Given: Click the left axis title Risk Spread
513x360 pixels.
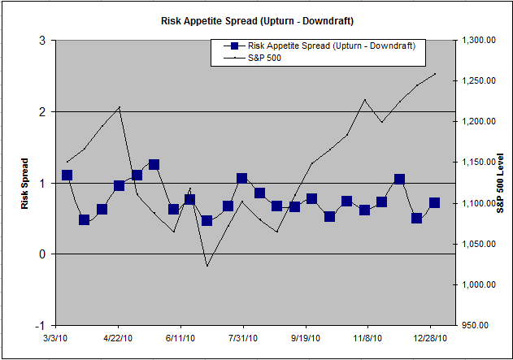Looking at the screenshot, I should pyautogui.click(x=24, y=183).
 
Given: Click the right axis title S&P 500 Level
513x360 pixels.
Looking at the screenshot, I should pyautogui.click(x=501, y=183).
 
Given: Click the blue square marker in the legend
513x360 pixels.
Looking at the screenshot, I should pyautogui.click(x=234, y=46).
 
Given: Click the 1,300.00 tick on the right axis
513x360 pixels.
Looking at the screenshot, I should pyautogui.click(x=479, y=41).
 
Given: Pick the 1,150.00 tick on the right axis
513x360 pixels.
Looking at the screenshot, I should pyautogui.click(x=479, y=163).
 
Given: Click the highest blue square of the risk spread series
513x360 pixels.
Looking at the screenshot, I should pyautogui.click(x=154, y=165).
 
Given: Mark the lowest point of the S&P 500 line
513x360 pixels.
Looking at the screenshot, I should pyautogui.click(x=207, y=266).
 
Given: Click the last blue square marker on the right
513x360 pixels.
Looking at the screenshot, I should pyautogui.click(x=434, y=203).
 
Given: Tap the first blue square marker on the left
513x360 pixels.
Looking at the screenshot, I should pyautogui.click(x=67, y=176).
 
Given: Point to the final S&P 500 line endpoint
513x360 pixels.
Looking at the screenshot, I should pyautogui.click(x=436, y=74).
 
